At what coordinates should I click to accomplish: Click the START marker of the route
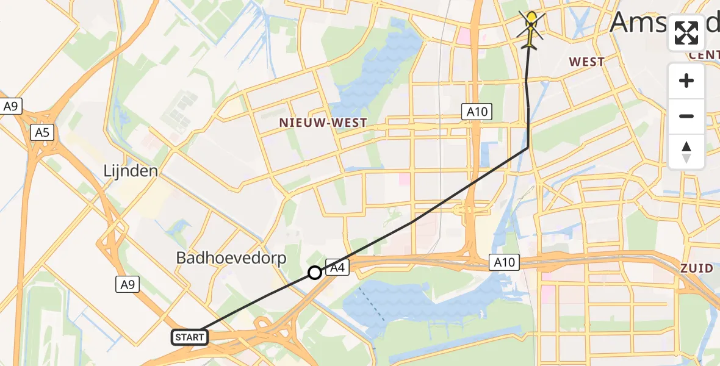point(190,337)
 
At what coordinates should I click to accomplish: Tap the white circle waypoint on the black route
point(314,273)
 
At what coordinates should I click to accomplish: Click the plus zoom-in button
point(686,81)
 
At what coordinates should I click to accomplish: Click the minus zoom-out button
point(686,116)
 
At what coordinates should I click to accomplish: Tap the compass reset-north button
point(686,152)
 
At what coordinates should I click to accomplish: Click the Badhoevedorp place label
point(231,257)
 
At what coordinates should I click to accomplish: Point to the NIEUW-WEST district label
point(323,123)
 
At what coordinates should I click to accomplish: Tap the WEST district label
point(586,62)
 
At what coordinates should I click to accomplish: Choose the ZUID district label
point(697,268)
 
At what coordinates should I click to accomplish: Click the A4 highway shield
point(337,267)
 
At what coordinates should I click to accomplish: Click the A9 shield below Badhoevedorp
point(127,284)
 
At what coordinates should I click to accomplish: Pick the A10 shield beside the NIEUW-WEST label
point(476,111)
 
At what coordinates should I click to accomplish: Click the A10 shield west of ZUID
point(505,263)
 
